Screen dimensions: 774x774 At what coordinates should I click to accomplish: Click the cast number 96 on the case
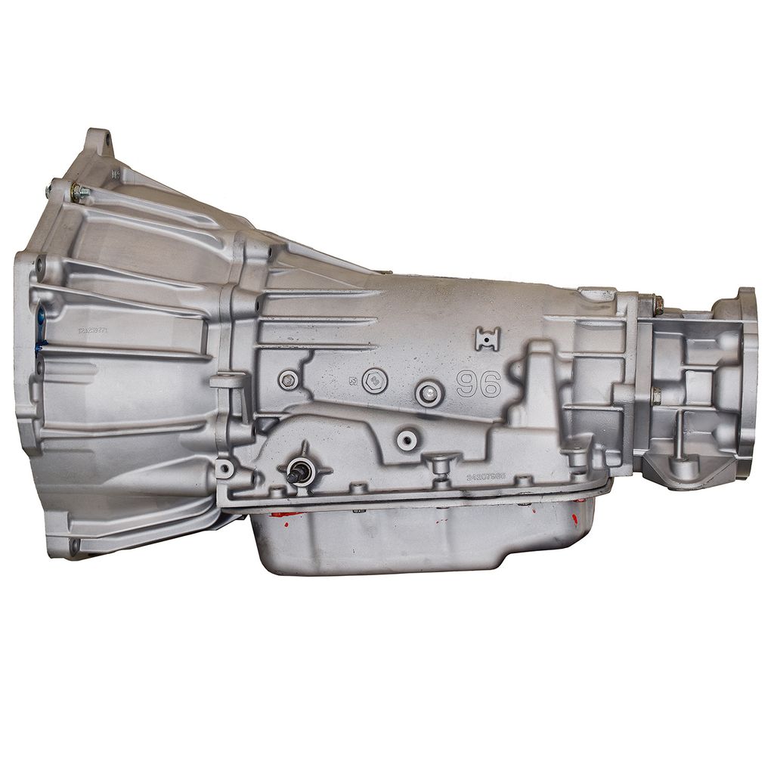click(x=479, y=384)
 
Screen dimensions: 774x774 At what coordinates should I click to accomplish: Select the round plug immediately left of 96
click(x=429, y=391)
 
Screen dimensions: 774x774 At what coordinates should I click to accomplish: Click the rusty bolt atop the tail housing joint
click(x=657, y=304)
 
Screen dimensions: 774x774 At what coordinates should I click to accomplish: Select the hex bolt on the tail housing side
click(x=655, y=393)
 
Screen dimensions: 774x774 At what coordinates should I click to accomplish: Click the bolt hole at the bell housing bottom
click(x=73, y=544)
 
